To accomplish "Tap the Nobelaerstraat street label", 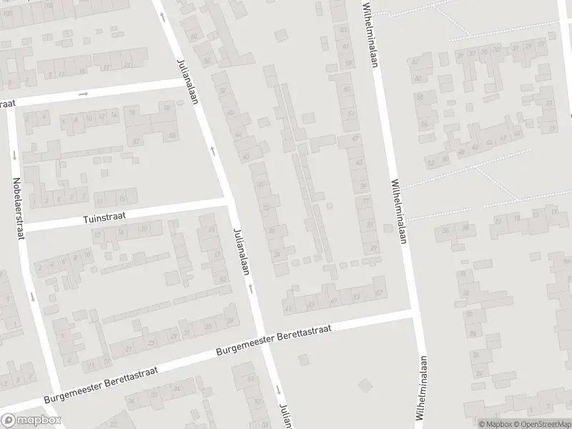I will [19, 207].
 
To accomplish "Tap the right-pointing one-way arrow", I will [84, 94].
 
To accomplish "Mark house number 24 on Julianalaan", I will [277, 254].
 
